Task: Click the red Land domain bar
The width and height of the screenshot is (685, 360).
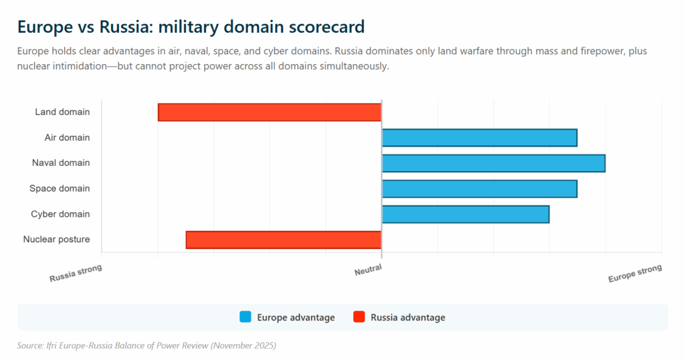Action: pos(270,112)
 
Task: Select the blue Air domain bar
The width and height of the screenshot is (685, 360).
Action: pos(479,138)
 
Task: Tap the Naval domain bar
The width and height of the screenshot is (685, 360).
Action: pos(493,163)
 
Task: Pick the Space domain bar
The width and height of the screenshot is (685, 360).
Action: pos(479,189)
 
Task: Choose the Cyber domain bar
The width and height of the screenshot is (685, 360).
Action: pos(465,214)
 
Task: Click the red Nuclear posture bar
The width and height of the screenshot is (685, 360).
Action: pos(284,240)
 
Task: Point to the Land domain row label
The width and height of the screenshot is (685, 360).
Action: pos(62,112)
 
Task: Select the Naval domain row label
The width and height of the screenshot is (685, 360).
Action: pos(61,163)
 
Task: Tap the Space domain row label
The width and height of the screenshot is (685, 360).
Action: pos(60,189)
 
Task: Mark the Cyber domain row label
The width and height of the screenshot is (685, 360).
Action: pos(60,214)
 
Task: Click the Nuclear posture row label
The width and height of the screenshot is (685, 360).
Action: pos(56,240)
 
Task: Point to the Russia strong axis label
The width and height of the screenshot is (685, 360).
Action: pos(76,273)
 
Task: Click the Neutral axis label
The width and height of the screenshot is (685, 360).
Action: pos(368,270)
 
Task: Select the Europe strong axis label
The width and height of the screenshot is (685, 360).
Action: pos(634,274)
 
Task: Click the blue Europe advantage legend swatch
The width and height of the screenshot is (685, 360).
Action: pos(246,317)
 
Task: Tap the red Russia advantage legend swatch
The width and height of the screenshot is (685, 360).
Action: pos(359,317)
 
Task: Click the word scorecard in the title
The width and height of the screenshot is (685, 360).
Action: pos(325,27)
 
